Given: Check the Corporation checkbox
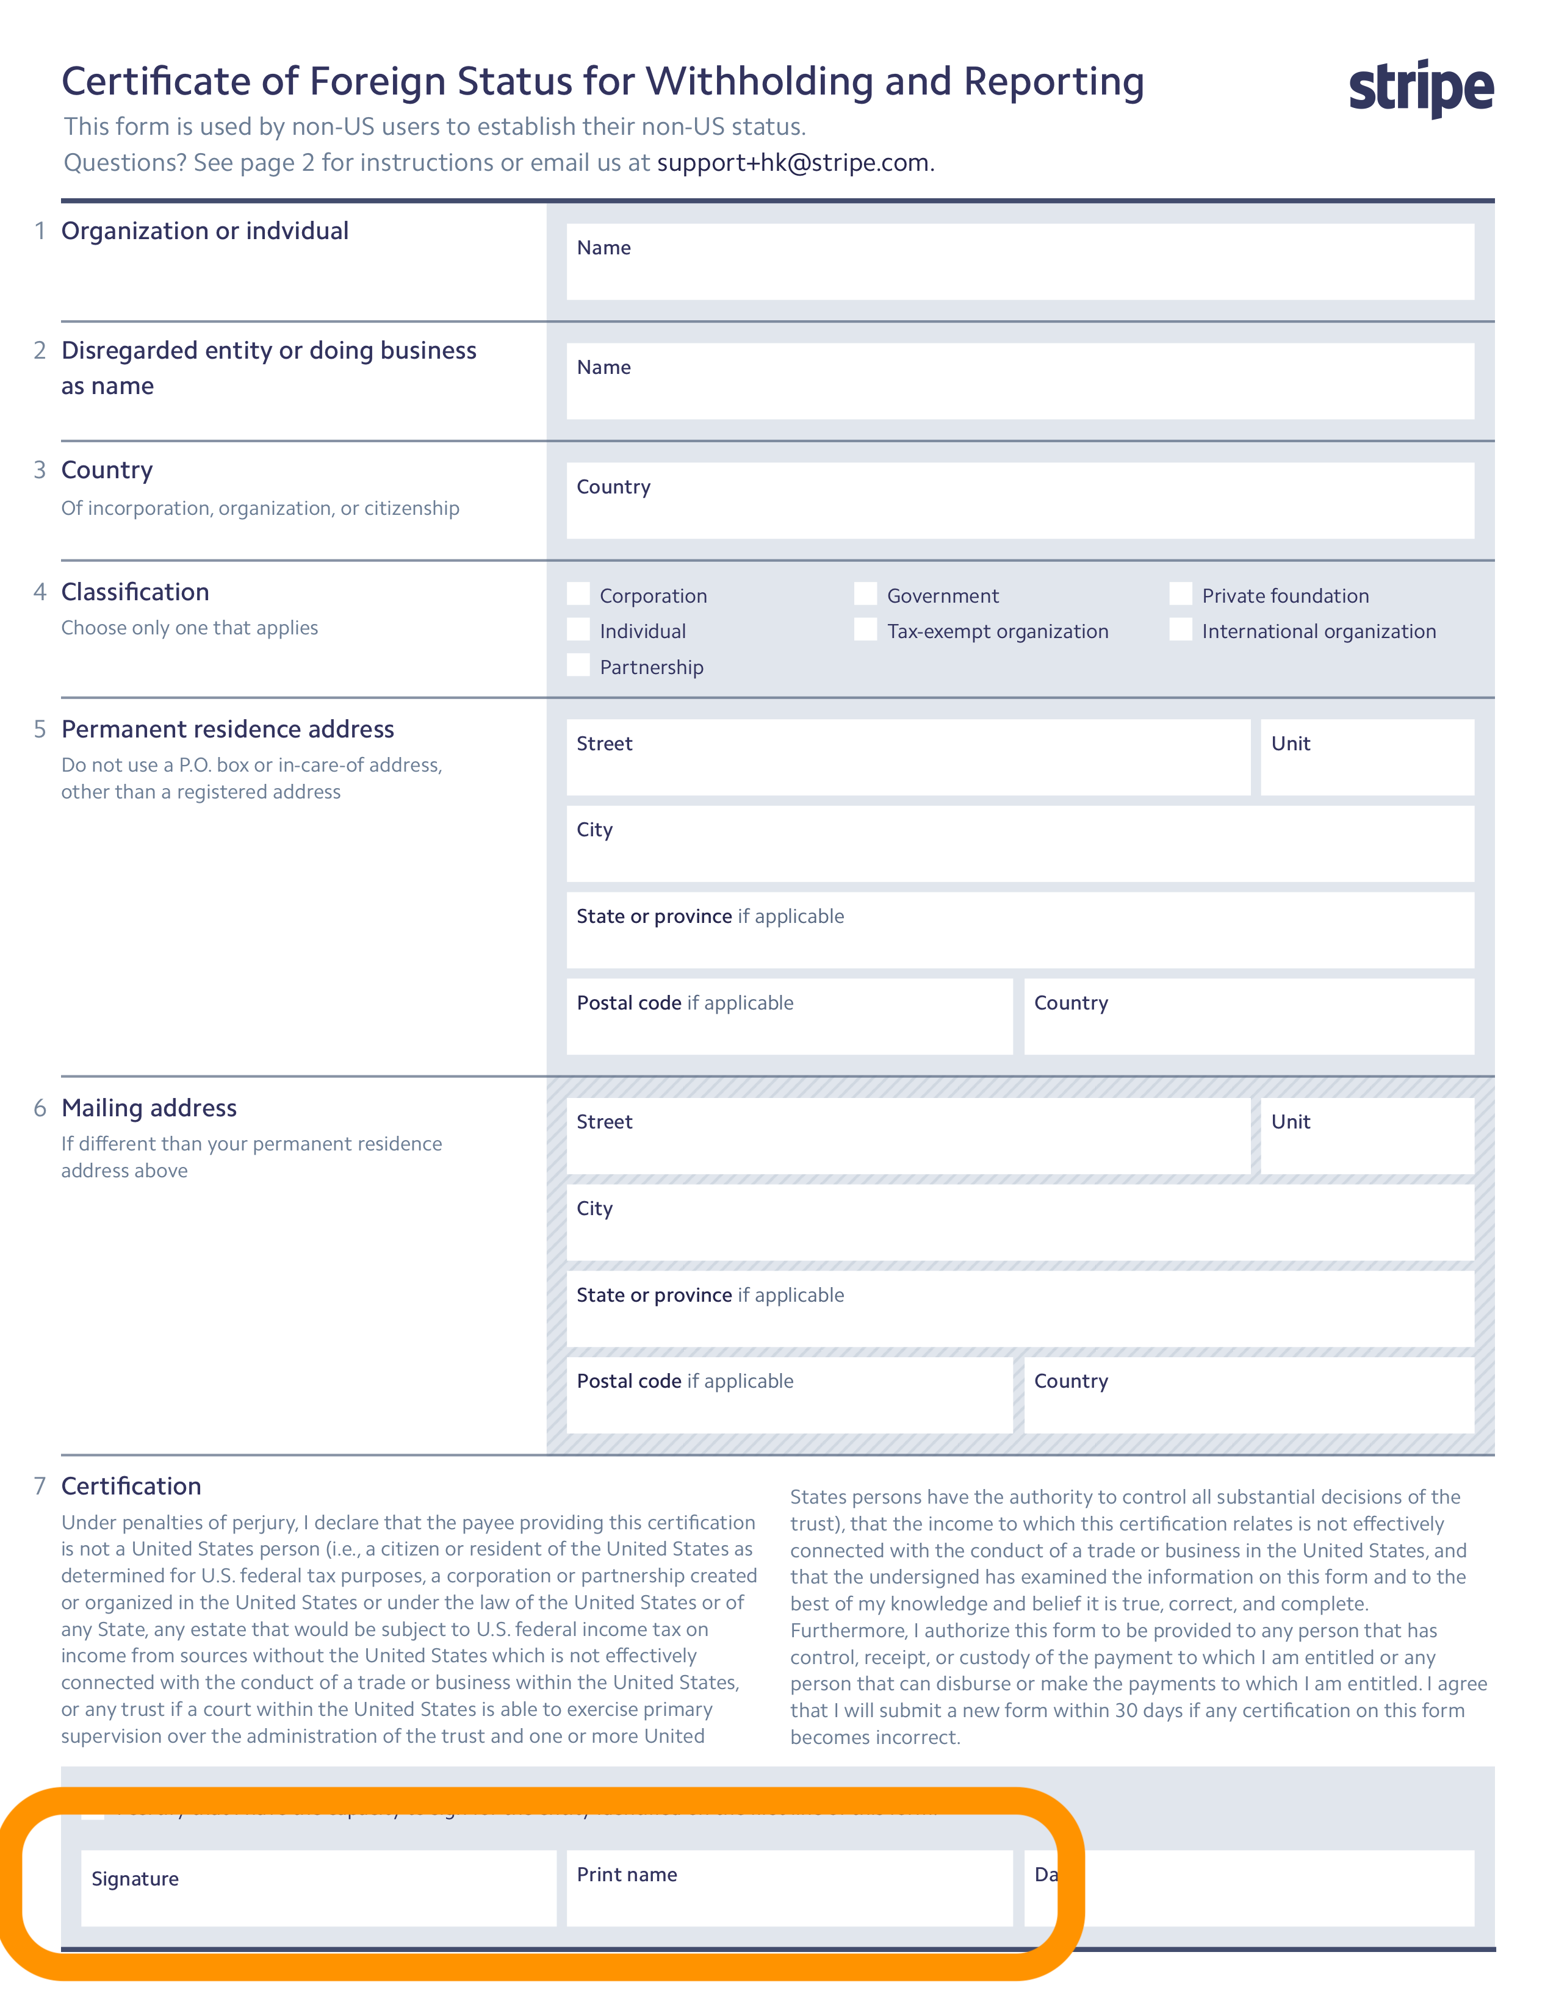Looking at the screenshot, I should coord(578,595).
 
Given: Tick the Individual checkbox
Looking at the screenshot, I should coord(578,630).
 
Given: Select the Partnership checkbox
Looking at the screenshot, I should coord(578,666).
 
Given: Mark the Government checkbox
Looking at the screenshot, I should coord(865,595).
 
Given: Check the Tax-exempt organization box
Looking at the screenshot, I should coord(865,630).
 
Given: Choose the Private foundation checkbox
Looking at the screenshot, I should coord(1180,595).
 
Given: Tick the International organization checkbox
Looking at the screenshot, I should coord(1180,630).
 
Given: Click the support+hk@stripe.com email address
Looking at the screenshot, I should coord(792,163).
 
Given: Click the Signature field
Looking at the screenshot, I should coord(318,1889).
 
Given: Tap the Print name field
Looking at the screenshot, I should coord(789,1889).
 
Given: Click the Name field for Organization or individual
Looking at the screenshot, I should coord(1020,262).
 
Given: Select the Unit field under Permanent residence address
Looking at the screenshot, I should coord(1366,758).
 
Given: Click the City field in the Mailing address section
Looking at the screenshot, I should coord(1020,1222).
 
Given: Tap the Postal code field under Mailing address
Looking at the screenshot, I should coord(789,1394).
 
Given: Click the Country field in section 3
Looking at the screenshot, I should coord(1020,500).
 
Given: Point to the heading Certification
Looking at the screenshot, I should coord(131,1486).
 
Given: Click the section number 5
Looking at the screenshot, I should coord(40,729).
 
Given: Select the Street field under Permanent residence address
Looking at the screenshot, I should coord(908,758).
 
